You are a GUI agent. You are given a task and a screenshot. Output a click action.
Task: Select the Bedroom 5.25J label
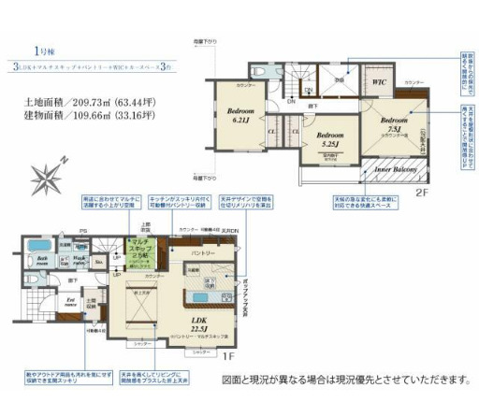pos(331,140)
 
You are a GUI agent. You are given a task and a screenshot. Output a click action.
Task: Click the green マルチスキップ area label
pos(138,252)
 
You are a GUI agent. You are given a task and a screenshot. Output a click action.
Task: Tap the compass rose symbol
pos(49,173)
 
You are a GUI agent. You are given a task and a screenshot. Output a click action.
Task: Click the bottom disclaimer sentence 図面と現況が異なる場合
pos(344,380)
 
